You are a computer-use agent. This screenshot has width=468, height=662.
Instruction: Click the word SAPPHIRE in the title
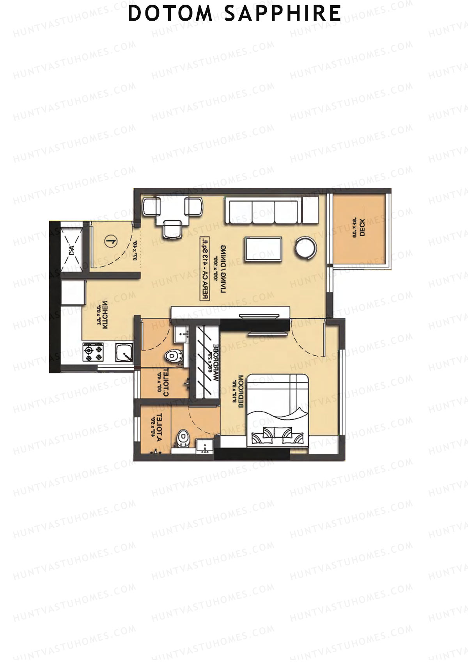pos(283,14)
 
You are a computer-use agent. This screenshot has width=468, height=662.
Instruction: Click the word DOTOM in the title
pos(170,14)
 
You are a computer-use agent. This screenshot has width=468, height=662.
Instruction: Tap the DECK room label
pos(363,228)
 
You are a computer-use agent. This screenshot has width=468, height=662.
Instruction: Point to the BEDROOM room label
pos(240,392)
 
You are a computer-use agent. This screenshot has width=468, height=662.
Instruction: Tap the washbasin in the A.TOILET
pos(204,445)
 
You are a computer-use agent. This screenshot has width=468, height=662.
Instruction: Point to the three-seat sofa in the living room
pos(263,212)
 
